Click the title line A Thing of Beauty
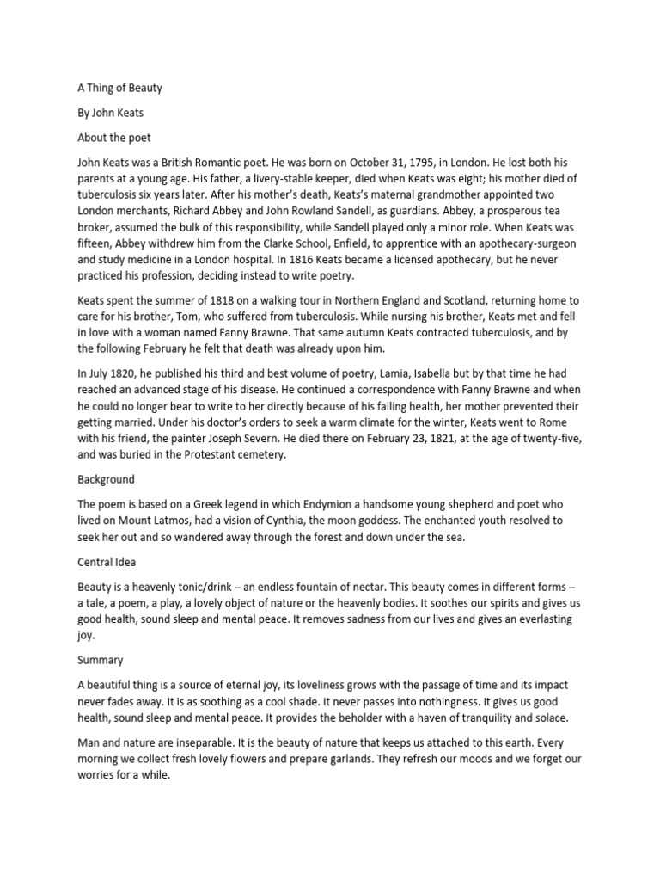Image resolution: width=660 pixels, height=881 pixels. (119, 88)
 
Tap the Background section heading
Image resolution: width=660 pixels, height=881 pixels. (107, 478)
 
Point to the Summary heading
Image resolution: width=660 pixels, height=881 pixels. (101, 660)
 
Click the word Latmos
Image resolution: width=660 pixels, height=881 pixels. (173, 520)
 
